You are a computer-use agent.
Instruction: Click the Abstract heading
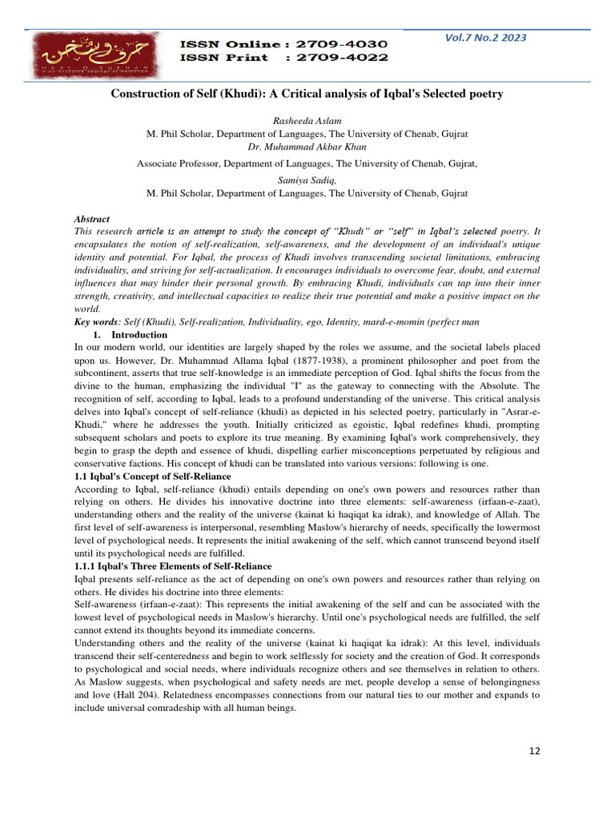coord(91,219)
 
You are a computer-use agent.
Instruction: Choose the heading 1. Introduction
coord(131,334)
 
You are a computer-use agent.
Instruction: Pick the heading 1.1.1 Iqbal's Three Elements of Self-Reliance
coord(172,566)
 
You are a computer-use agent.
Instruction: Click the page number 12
coord(535,751)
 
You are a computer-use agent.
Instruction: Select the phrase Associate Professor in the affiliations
coord(177,163)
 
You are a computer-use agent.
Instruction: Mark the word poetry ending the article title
coord(485,94)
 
